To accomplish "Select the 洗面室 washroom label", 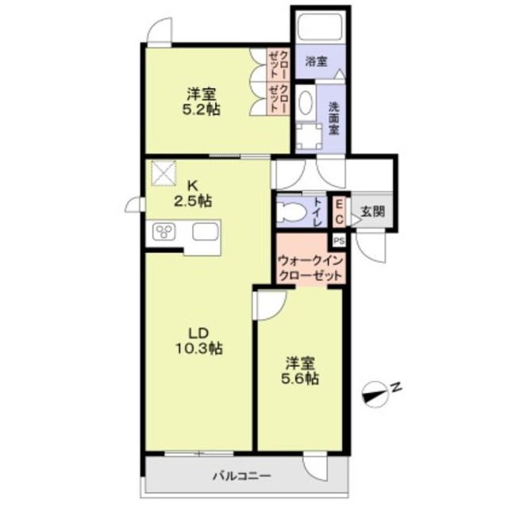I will (335, 117).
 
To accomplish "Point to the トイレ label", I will (317, 212).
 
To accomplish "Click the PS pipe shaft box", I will (339, 240).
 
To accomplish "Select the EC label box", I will (338, 212).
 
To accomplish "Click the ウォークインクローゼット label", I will (310, 267).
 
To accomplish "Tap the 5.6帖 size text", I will (302, 379).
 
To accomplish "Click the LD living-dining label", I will (198, 333).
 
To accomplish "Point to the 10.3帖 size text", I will (198, 348).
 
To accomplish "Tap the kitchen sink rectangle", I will (208, 233).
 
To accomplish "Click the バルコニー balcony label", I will (241, 476).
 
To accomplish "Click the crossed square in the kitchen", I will (164, 172).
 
